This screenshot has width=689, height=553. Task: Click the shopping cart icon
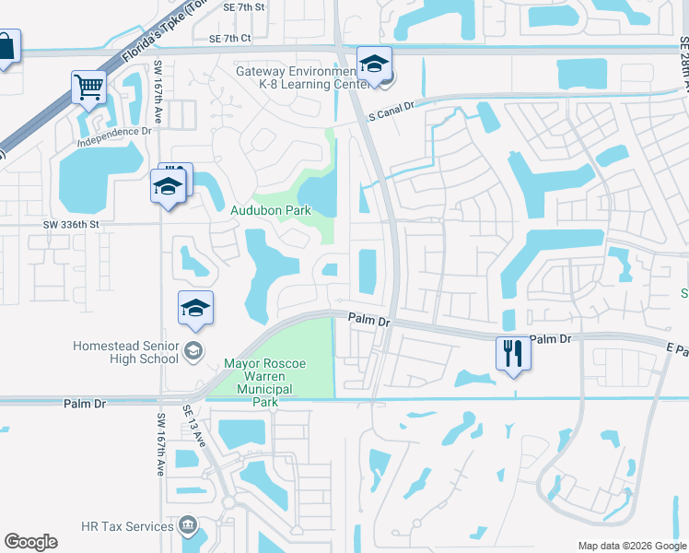coord(89,88)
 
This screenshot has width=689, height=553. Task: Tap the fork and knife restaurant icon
coord(512,353)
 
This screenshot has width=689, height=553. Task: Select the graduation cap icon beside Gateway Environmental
coord(374,64)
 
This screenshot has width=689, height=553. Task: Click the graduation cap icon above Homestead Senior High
coord(195,308)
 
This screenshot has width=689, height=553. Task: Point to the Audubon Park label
coord(271,210)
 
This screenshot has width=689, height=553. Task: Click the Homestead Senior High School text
coord(125,352)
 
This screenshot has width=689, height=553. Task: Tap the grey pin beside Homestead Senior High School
coord(193,350)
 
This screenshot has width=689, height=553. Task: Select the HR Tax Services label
coord(127,526)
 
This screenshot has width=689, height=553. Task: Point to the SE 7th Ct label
coord(229,39)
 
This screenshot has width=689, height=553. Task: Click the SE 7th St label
coord(243,6)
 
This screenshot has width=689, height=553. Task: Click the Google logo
coord(30,542)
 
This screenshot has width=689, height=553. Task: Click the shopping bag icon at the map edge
coord(6,48)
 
